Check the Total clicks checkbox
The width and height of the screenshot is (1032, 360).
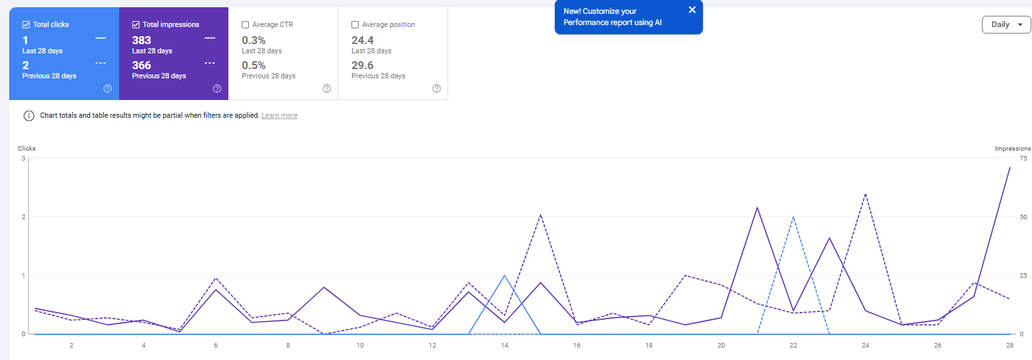pyautogui.click(x=26, y=25)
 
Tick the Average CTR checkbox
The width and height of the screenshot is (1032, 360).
pyautogui.click(x=245, y=25)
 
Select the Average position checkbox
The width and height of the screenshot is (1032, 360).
pyautogui.click(x=355, y=25)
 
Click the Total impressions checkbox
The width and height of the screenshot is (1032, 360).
pyautogui.click(x=136, y=25)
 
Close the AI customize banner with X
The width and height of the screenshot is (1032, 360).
pyautogui.click(x=692, y=10)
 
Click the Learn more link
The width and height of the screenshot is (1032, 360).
pyautogui.click(x=279, y=116)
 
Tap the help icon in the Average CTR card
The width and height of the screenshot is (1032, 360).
pyautogui.click(x=327, y=89)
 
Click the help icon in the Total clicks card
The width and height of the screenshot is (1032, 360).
pyautogui.click(x=107, y=89)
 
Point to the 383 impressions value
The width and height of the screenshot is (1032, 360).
pyautogui.click(x=142, y=40)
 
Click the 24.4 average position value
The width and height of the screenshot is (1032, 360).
pyautogui.click(x=363, y=40)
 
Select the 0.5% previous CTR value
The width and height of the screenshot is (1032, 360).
pyautogui.click(x=253, y=65)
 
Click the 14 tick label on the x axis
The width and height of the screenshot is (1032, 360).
pyautogui.click(x=504, y=345)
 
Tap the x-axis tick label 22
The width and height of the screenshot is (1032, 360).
pyautogui.click(x=794, y=345)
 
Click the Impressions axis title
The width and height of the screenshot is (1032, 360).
pyautogui.click(x=1012, y=149)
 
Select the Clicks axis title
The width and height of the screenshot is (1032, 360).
pyautogui.click(x=27, y=149)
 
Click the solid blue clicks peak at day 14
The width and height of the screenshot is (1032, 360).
pyautogui.click(x=504, y=276)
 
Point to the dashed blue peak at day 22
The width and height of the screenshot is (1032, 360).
pyautogui.click(x=794, y=217)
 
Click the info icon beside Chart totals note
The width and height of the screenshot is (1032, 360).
pyautogui.click(x=29, y=116)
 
